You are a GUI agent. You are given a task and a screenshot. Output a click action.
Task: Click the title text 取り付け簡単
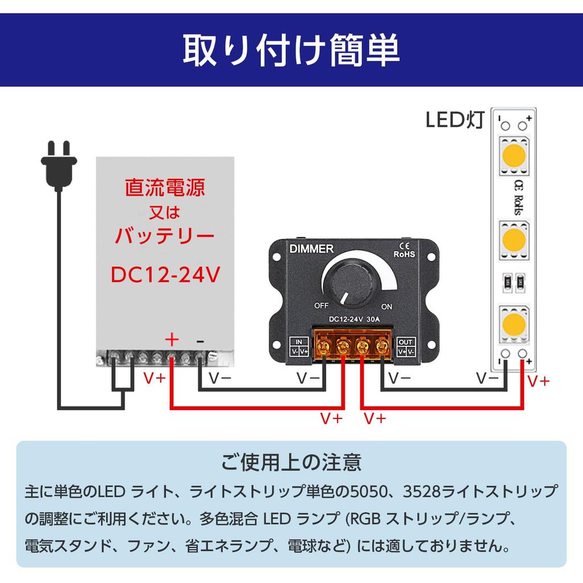291,50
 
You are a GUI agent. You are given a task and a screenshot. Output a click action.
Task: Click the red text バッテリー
165,235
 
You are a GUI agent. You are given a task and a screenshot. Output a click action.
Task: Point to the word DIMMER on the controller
311,249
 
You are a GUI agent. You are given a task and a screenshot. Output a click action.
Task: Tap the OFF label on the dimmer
322,306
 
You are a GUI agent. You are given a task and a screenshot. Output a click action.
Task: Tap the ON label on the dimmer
387,306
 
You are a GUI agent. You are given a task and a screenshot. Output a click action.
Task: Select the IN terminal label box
299,347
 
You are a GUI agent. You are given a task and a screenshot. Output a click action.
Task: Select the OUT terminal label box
406,347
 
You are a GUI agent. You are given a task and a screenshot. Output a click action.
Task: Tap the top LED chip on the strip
514,155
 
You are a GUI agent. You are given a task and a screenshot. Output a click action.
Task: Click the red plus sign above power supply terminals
171,339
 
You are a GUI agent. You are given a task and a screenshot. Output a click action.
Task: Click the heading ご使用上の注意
291,462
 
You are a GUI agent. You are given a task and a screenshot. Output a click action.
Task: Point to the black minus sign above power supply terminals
200,340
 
